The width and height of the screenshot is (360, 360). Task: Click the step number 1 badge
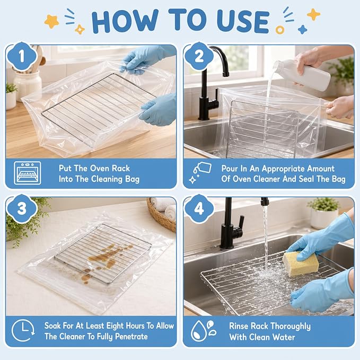[22, 56]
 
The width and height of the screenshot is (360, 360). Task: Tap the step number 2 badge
[199, 56]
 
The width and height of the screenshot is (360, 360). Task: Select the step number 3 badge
[22, 208]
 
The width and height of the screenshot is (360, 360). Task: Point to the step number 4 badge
[199, 208]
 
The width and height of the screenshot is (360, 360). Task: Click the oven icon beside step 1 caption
[28, 173]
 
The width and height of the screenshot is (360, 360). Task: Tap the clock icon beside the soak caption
[23, 330]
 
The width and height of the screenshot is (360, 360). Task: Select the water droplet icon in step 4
[204, 331]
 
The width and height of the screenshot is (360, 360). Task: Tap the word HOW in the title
[125, 21]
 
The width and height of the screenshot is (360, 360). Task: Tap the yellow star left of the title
[51, 21]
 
